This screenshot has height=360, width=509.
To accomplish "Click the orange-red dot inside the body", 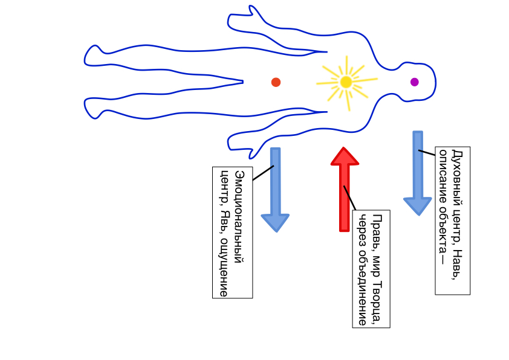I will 276,82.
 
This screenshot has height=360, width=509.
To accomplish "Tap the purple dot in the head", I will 414,82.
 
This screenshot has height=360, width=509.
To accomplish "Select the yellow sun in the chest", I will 346,82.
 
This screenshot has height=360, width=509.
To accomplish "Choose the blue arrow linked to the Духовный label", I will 417,173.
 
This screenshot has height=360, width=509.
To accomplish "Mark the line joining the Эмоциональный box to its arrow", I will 262,173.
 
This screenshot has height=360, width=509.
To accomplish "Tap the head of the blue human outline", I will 417,82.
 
